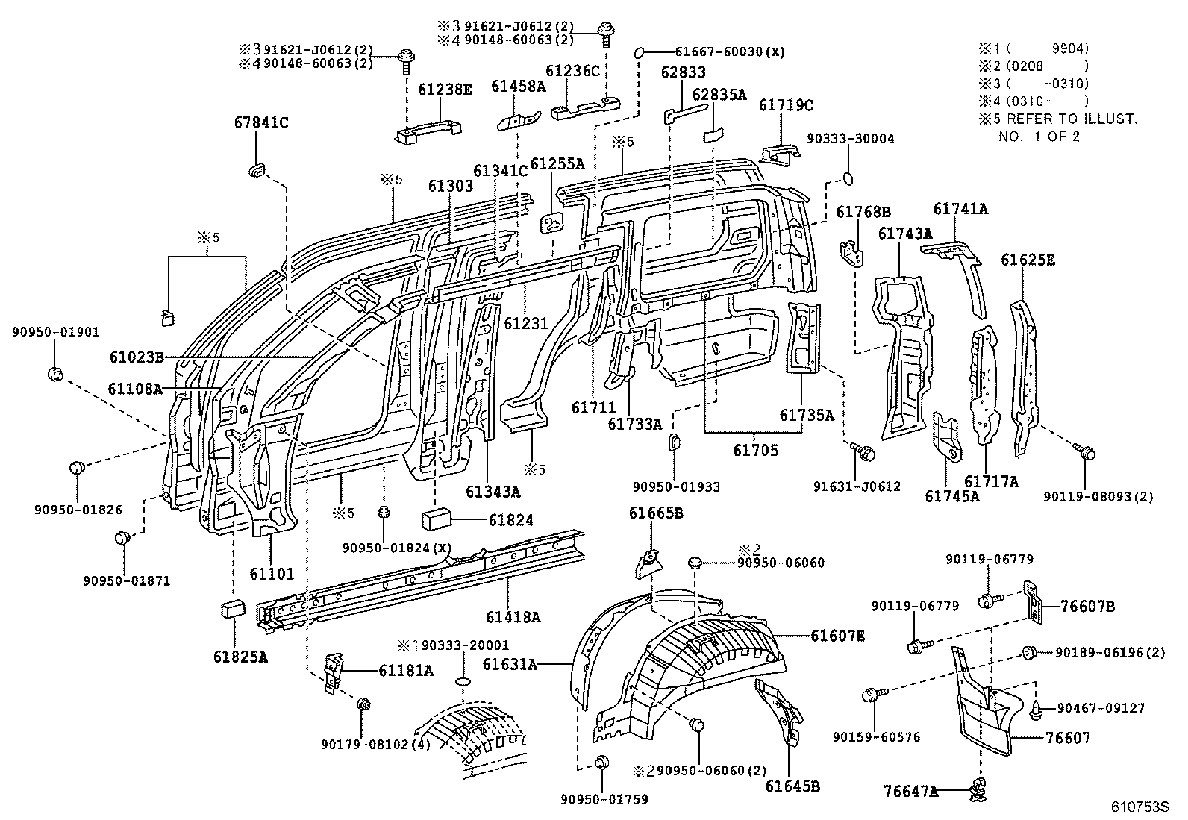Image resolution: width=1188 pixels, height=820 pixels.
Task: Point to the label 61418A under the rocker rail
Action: click(513, 616)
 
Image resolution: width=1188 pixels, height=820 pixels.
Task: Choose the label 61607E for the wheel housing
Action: click(838, 636)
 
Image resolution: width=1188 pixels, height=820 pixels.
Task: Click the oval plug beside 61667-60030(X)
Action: click(639, 53)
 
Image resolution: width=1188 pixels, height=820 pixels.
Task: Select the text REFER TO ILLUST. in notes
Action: click(1072, 119)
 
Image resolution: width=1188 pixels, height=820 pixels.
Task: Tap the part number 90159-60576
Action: click(876, 737)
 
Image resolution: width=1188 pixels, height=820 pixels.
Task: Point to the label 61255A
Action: click(557, 163)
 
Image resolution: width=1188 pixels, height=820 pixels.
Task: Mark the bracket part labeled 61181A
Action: click(334, 671)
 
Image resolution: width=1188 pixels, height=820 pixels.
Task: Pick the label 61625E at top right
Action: click(1028, 260)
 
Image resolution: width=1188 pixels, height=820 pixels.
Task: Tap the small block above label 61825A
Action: click(231, 608)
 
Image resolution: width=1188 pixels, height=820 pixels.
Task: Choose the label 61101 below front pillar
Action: click(272, 574)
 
